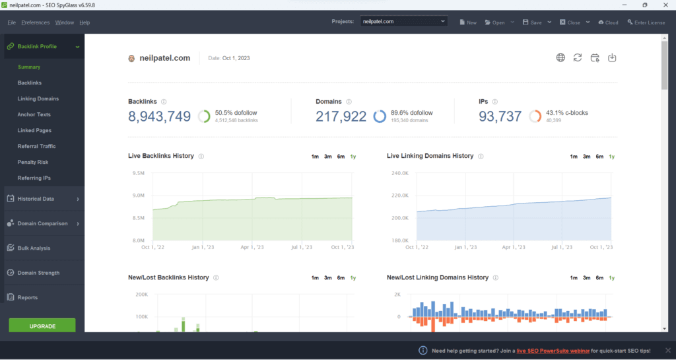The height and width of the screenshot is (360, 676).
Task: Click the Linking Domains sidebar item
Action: coord(38,98)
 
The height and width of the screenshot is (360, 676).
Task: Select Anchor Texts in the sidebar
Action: coord(34,114)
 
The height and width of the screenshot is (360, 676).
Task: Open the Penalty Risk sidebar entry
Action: coord(33,162)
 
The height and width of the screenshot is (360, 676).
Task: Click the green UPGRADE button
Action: coord(42,326)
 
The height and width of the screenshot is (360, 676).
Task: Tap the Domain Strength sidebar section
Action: coord(38,273)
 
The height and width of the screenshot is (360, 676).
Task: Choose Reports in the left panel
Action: coord(27,297)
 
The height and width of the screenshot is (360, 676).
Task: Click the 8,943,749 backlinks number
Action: coord(159,117)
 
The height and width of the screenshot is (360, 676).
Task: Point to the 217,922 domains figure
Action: coord(341,117)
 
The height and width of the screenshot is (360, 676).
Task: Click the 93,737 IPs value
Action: coord(500,117)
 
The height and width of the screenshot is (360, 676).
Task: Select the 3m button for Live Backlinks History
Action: coord(327,157)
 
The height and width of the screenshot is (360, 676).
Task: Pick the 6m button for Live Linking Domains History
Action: coord(599,157)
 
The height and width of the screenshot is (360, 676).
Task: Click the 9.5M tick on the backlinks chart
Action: coord(139,174)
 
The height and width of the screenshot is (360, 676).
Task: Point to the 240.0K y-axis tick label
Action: coord(401,174)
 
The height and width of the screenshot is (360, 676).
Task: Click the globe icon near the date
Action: coord(560,57)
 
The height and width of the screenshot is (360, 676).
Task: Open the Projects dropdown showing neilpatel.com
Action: coord(404,22)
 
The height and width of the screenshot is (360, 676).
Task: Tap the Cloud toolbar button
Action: coord(608,22)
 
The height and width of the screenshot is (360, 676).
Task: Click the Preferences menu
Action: coord(35,22)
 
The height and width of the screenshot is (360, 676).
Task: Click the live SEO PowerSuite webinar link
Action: coord(561,350)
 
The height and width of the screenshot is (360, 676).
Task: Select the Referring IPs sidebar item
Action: coord(34,178)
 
